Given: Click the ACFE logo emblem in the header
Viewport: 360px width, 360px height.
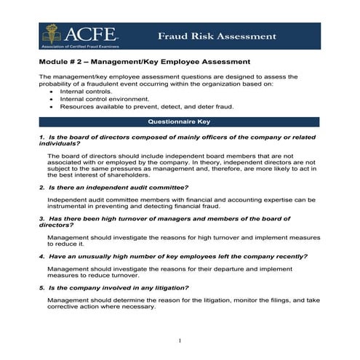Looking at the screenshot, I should [50, 32].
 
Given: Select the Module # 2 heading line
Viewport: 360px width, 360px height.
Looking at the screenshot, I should [145, 62].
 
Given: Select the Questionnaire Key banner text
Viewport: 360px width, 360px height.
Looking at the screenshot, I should [179, 121].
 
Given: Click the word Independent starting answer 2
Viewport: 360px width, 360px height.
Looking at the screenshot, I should [69, 199].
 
